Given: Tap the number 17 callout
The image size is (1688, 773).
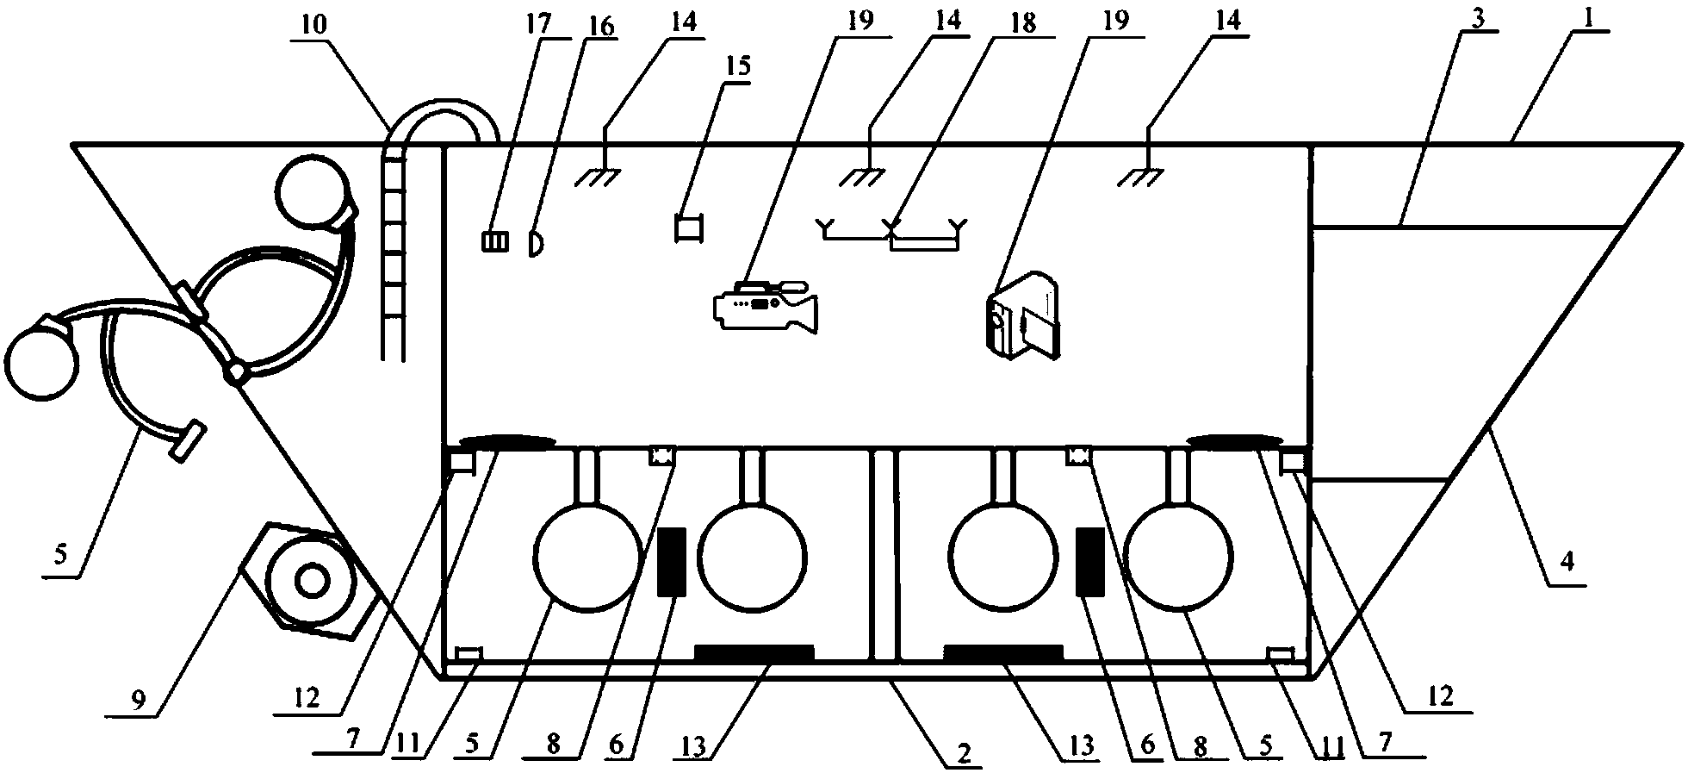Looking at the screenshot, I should tap(540, 23).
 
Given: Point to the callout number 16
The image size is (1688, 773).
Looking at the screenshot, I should tap(600, 27).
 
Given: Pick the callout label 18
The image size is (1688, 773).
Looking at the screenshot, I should tap(1024, 23).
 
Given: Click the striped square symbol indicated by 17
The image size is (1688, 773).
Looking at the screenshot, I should tap(495, 241).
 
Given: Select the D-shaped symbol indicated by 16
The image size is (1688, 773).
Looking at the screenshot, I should tap(535, 242).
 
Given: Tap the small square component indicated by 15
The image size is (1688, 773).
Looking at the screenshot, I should tap(689, 228).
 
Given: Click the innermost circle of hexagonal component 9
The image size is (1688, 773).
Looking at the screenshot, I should tap(311, 583).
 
